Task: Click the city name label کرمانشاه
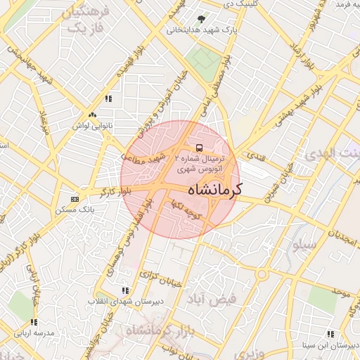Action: tap(215, 190)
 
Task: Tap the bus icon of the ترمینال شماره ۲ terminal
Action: tap(199, 148)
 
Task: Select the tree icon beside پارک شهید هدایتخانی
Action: tap(202, 20)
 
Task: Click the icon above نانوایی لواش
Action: tap(92, 115)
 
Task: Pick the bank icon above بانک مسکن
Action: tap(75, 199)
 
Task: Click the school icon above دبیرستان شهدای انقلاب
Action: tap(125, 290)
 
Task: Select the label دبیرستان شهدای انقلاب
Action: tap(115, 301)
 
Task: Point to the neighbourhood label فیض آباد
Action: tap(212, 300)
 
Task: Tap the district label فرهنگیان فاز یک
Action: tap(86, 20)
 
